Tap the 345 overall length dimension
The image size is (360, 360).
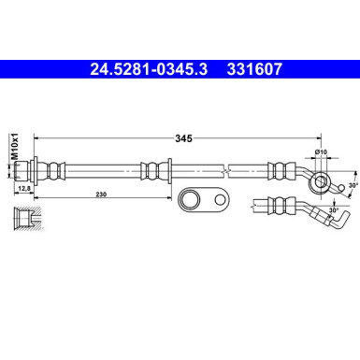(183, 138)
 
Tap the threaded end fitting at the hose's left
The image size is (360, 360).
(36, 171)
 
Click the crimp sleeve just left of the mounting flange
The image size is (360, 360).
(149, 171)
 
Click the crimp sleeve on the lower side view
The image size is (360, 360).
(278, 205)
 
